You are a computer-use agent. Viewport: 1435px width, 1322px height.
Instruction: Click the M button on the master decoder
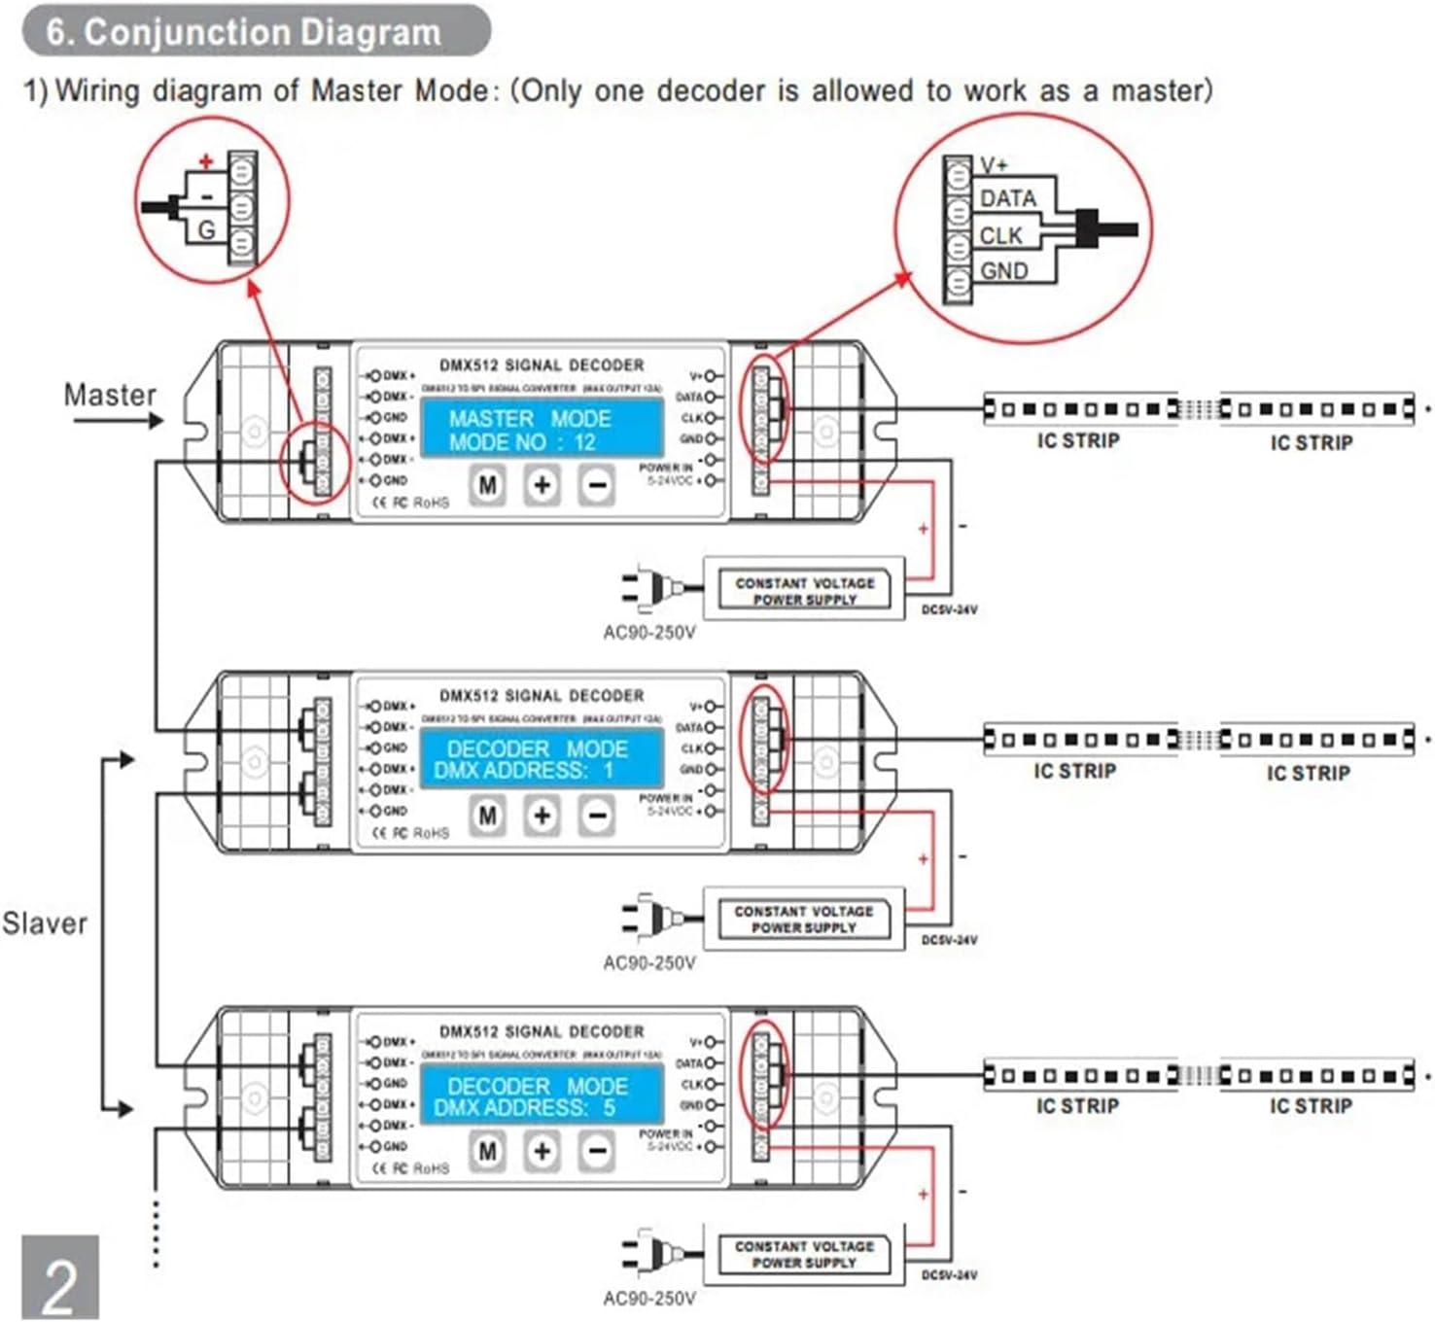click(487, 484)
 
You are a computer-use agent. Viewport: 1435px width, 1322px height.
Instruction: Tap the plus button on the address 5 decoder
click(542, 1151)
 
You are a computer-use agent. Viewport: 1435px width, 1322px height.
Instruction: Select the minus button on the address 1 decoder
click(597, 816)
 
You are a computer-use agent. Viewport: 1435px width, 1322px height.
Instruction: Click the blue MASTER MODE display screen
click(541, 431)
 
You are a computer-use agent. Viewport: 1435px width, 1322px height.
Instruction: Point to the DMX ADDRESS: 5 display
click(541, 1096)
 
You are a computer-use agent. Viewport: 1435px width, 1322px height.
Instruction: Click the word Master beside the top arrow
click(109, 395)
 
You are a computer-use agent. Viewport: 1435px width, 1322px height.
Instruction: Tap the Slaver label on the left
click(45, 922)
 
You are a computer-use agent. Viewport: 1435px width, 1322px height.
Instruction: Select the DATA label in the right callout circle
click(1007, 199)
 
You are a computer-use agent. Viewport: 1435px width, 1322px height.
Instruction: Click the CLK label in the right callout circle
click(1000, 236)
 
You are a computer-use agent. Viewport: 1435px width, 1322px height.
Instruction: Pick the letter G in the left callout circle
click(206, 230)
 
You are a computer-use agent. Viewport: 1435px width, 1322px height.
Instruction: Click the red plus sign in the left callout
click(206, 161)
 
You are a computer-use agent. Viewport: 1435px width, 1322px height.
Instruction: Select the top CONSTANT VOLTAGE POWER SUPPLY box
click(804, 591)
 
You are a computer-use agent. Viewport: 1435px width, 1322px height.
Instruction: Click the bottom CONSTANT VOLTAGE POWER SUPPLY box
click(804, 1254)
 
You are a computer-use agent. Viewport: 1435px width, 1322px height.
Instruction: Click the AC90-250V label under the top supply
click(649, 633)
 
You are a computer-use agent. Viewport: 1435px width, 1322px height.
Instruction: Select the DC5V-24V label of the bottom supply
click(949, 1274)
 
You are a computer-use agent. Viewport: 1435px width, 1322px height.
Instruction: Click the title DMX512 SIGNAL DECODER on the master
click(542, 365)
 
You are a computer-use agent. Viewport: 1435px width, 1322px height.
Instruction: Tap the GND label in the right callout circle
click(1004, 271)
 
